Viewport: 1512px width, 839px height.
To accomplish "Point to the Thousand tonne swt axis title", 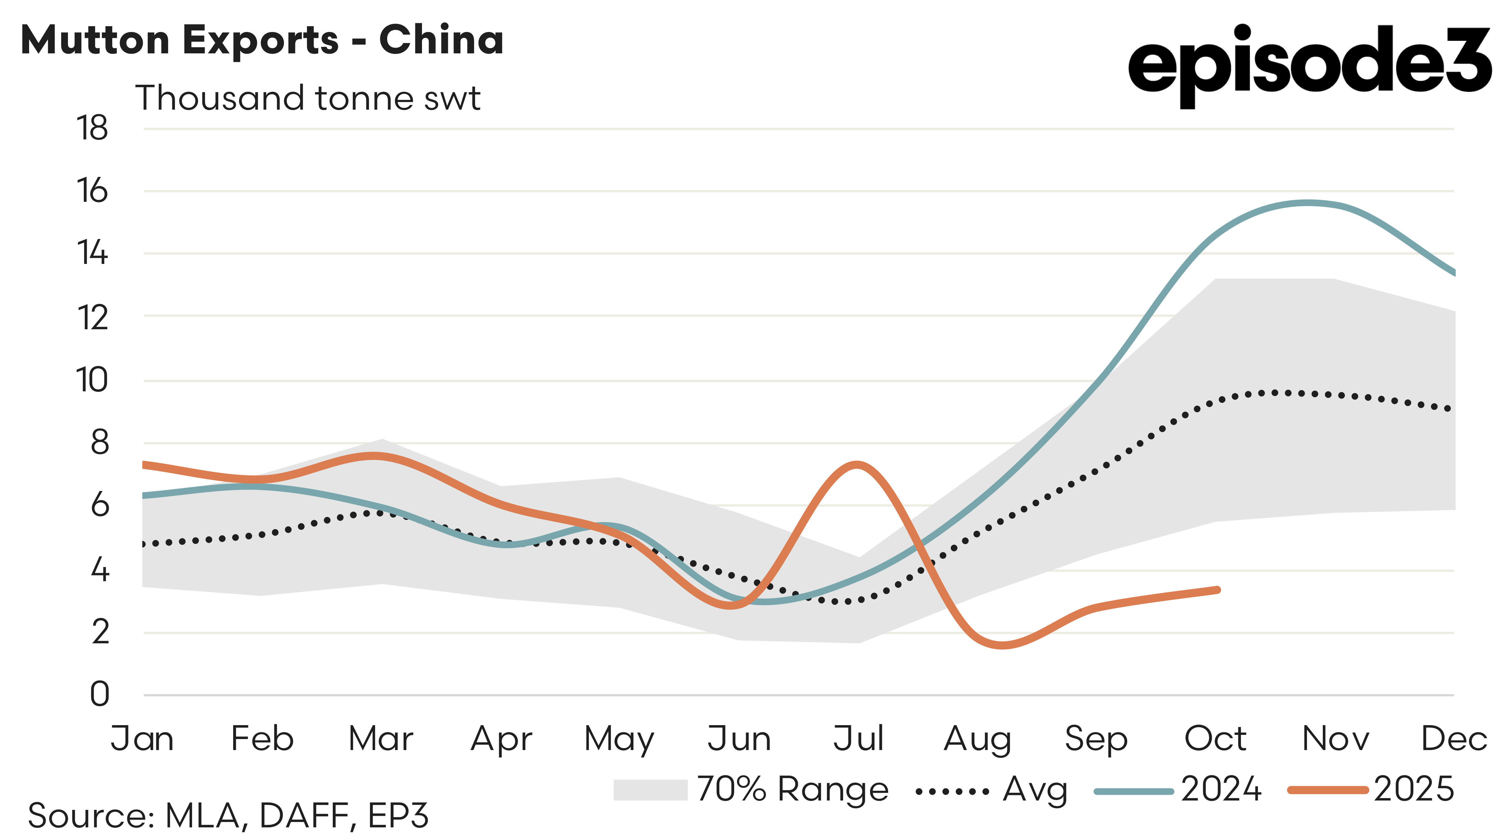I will [308, 98].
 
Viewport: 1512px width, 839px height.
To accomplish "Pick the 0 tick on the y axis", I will [100, 694].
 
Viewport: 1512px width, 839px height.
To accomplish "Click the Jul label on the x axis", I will [858, 739].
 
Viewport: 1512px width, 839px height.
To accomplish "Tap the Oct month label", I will [1215, 739].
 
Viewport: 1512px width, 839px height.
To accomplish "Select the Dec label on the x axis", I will [1454, 739].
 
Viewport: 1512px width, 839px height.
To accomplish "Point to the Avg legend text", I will [1035, 790].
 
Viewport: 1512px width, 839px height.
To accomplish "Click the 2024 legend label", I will [1221, 790].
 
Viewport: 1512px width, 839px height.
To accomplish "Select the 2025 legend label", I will [1413, 790].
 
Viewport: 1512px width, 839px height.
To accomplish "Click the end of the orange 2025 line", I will [1218, 590].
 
